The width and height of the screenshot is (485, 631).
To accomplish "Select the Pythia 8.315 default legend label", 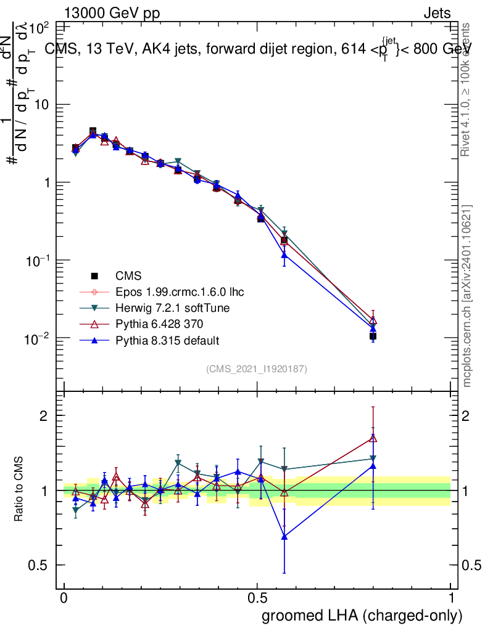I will [x=168, y=340].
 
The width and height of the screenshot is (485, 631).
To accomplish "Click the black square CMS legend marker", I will [x=94, y=275].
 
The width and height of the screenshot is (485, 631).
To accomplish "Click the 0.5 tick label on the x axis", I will [x=257, y=598].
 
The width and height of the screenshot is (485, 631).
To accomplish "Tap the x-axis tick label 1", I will [x=451, y=598].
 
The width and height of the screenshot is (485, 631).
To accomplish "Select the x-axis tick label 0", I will [x=64, y=598].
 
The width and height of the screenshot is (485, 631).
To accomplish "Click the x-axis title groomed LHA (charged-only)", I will [x=362, y=616].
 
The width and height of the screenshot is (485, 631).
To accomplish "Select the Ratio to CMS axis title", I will [x=20, y=490].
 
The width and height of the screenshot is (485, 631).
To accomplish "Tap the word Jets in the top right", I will [x=436, y=13].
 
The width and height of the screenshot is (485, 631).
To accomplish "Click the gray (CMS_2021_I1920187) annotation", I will [x=257, y=369].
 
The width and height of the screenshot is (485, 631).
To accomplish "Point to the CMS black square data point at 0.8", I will [x=373, y=336].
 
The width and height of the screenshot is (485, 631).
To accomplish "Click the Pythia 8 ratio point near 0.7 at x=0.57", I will [x=284, y=537].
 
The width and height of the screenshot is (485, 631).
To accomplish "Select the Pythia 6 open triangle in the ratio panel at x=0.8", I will [x=373, y=438].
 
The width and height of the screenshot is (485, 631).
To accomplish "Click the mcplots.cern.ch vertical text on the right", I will [x=468, y=296].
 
